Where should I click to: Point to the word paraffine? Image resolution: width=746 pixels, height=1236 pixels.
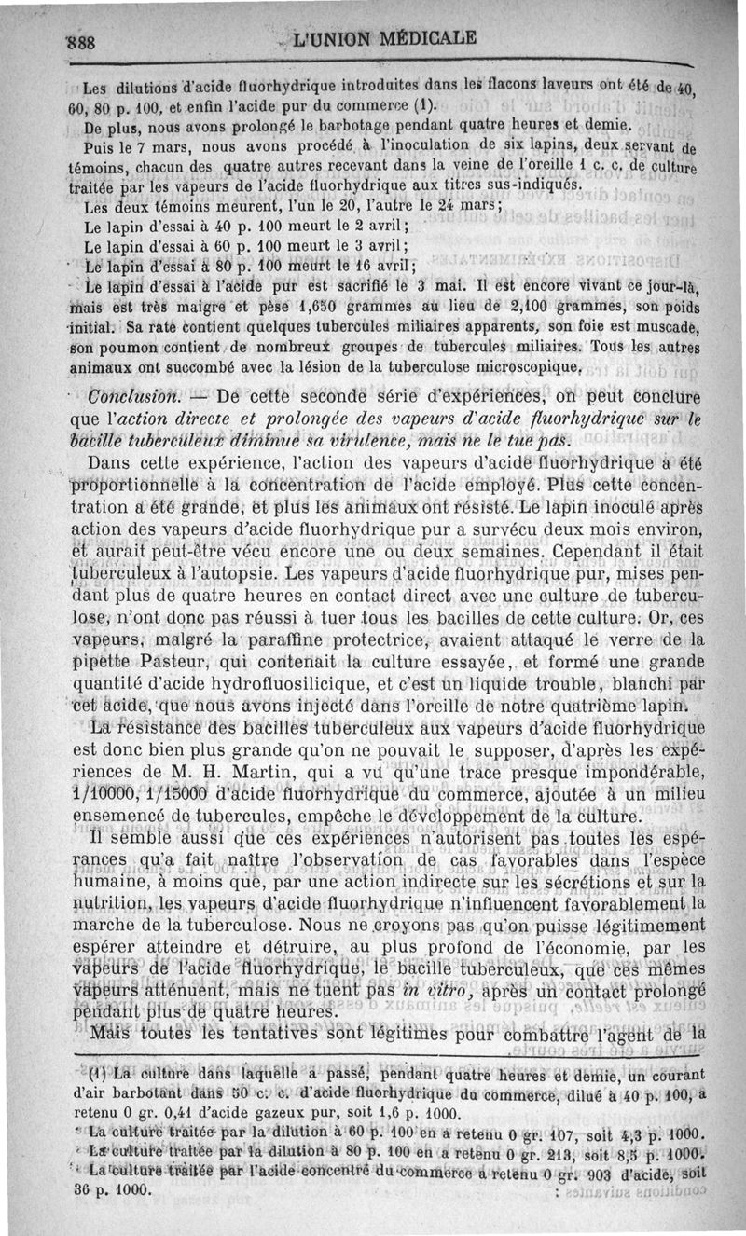277,641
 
